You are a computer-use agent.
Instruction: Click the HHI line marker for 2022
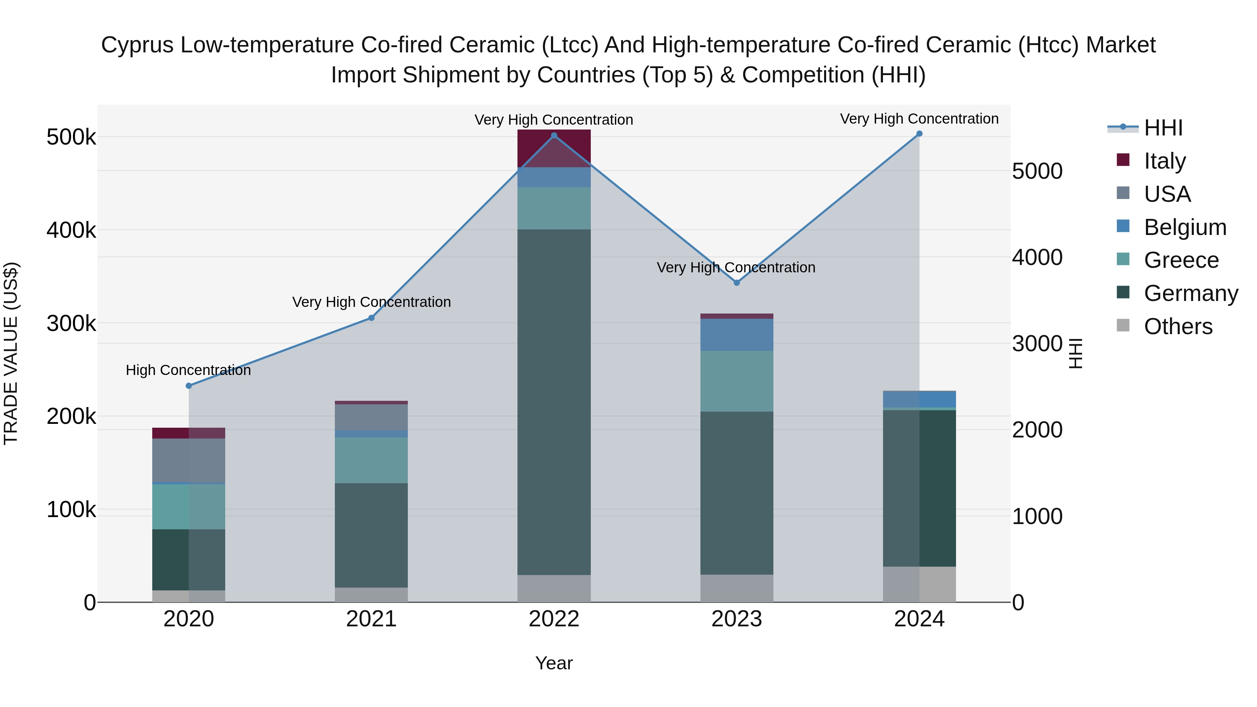coord(554,136)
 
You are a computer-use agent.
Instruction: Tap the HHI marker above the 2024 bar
coord(919,134)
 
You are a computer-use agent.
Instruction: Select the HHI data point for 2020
coord(189,386)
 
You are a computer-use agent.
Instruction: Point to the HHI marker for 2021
coord(372,318)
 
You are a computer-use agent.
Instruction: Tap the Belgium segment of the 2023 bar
coord(737,335)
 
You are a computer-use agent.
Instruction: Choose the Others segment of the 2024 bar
coord(919,584)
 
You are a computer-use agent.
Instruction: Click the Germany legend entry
coord(1191,293)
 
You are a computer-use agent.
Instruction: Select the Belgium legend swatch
coord(1123,226)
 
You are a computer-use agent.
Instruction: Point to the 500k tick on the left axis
coord(71,137)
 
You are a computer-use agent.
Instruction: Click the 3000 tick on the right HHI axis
coord(1037,344)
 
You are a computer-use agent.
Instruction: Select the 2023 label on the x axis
coord(737,619)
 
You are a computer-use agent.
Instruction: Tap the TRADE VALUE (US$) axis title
coord(11,353)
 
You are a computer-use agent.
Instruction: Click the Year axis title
coord(554,663)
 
